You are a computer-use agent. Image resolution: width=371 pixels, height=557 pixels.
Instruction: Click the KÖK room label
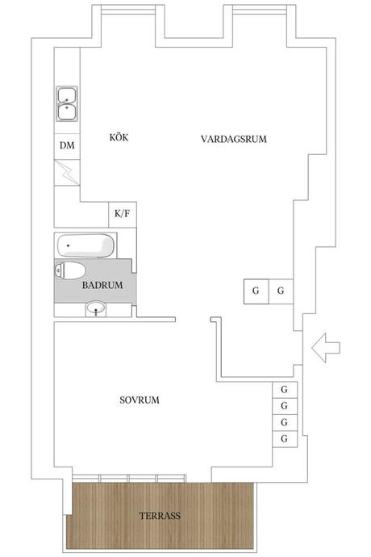(x=119, y=137)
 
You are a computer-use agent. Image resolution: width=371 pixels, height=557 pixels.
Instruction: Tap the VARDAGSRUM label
(x=234, y=139)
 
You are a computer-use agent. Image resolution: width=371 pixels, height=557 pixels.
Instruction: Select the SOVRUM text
(x=140, y=400)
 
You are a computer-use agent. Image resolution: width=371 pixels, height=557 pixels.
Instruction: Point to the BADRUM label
(x=102, y=285)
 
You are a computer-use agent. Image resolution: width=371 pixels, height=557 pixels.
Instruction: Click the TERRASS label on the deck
(x=160, y=516)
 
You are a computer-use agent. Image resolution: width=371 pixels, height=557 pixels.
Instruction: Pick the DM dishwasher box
(x=67, y=145)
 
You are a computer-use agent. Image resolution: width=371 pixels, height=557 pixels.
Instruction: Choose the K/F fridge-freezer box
(x=122, y=214)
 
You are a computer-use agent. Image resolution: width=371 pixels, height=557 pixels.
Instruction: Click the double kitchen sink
(x=67, y=103)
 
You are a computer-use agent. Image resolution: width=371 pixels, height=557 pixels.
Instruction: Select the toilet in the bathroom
(x=70, y=270)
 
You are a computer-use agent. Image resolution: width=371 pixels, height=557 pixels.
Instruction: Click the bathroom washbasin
(x=96, y=309)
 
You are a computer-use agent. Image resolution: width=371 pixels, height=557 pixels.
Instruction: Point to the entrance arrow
(x=326, y=348)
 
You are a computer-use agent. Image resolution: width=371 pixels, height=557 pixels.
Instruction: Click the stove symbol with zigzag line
(x=67, y=172)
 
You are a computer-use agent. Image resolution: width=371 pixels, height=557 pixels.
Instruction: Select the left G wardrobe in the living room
(x=256, y=291)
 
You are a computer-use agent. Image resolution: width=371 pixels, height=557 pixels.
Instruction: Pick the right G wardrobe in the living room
(x=281, y=291)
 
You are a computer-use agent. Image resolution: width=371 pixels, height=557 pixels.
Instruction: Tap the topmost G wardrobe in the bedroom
(x=285, y=390)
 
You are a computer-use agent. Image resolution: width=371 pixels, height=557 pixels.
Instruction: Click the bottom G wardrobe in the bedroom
(x=285, y=439)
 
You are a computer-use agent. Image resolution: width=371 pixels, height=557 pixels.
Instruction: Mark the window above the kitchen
(x=128, y=10)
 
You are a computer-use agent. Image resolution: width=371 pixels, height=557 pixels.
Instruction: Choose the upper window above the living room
(x=260, y=10)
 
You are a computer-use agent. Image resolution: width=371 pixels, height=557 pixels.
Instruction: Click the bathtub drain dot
(x=68, y=246)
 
